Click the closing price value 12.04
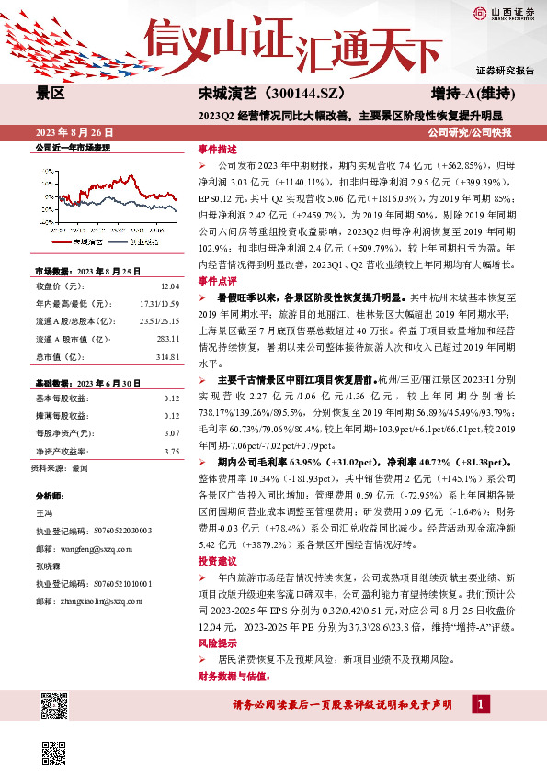[x=170, y=286]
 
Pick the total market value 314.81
[x=165, y=356]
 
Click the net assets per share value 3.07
[x=170, y=432]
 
